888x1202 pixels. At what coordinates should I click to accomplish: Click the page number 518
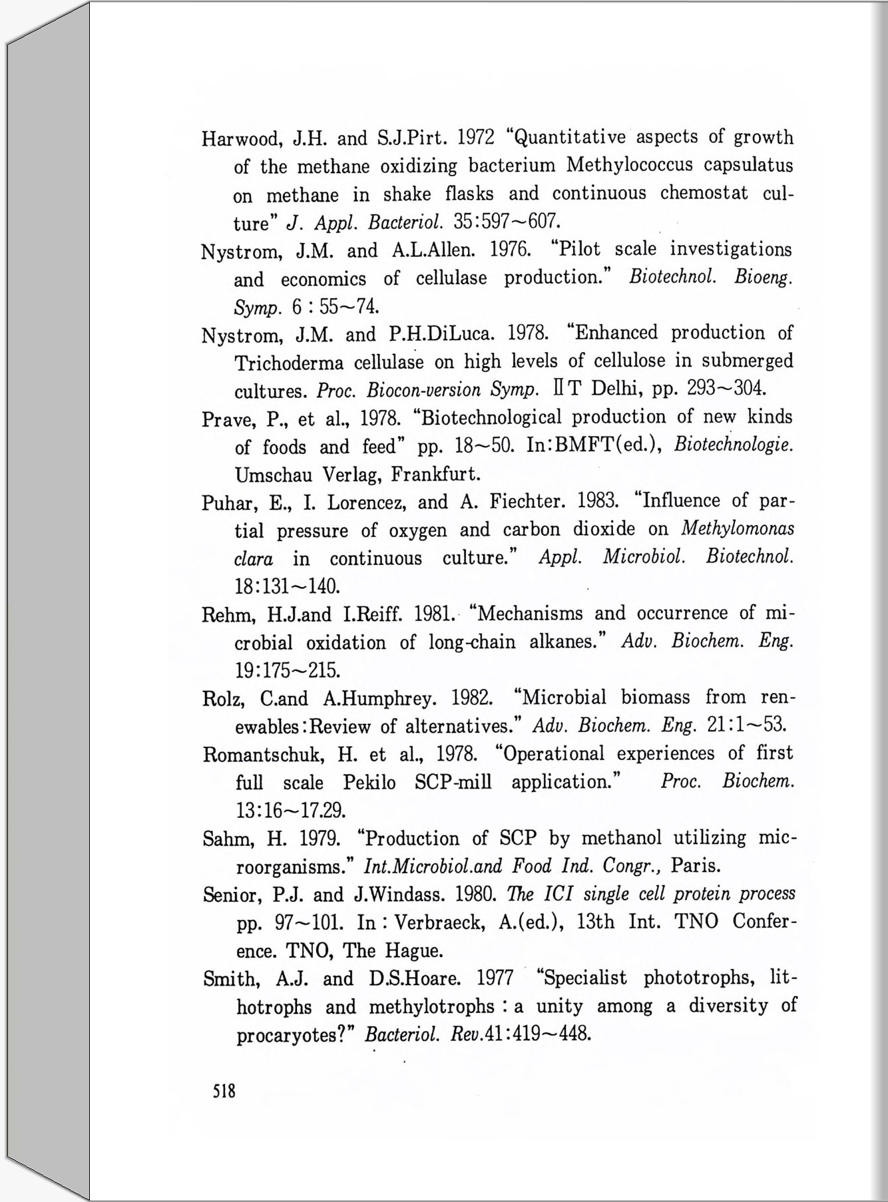(x=224, y=1092)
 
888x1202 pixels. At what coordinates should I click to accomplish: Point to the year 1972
(x=476, y=138)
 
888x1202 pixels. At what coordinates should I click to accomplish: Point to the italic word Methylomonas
(x=738, y=529)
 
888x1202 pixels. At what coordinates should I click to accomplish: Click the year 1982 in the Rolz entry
(x=472, y=698)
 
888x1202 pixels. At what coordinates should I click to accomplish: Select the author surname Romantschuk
(x=263, y=755)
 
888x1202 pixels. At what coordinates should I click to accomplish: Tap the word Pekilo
(x=369, y=783)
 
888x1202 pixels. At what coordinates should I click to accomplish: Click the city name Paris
(x=696, y=867)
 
